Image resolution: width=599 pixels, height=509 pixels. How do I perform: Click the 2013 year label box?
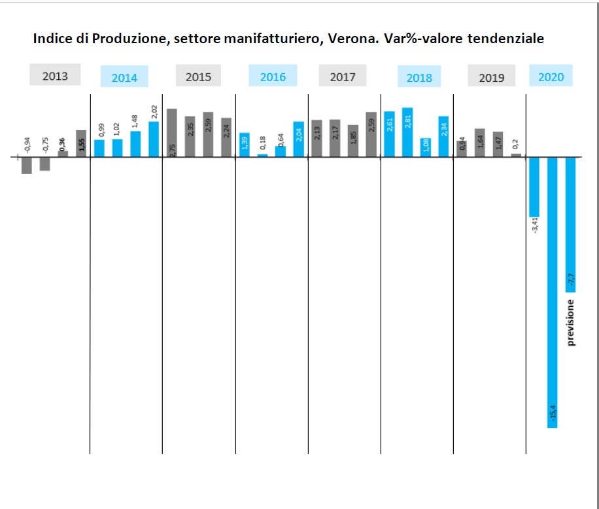tap(55, 75)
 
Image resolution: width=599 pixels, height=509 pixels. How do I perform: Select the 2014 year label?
tap(124, 77)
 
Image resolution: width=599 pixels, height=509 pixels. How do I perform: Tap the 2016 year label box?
tap(273, 76)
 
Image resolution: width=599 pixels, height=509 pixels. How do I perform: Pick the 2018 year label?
tap(419, 77)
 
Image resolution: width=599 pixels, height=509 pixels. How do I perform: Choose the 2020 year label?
tap(551, 76)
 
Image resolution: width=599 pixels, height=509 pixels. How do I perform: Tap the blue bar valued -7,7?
tap(570, 224)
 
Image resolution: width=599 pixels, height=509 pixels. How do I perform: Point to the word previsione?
tap(571, 322)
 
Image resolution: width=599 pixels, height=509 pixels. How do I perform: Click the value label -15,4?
tap(553, 417)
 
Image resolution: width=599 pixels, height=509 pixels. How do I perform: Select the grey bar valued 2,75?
tap(172, 133)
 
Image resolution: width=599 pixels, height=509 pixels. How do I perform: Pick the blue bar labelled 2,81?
tap(407, 132)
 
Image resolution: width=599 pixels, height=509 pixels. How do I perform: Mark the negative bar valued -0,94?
tap(27, 166)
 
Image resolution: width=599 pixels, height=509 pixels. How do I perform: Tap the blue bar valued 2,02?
tap(154, 139)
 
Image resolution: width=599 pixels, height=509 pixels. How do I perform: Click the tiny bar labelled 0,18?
tap(262, 156)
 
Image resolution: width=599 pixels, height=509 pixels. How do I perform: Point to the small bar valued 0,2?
tap(516, 155)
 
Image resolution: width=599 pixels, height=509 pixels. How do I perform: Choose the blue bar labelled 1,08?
tap(426, 148)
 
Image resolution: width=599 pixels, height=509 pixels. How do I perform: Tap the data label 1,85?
tap(353, 136)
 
